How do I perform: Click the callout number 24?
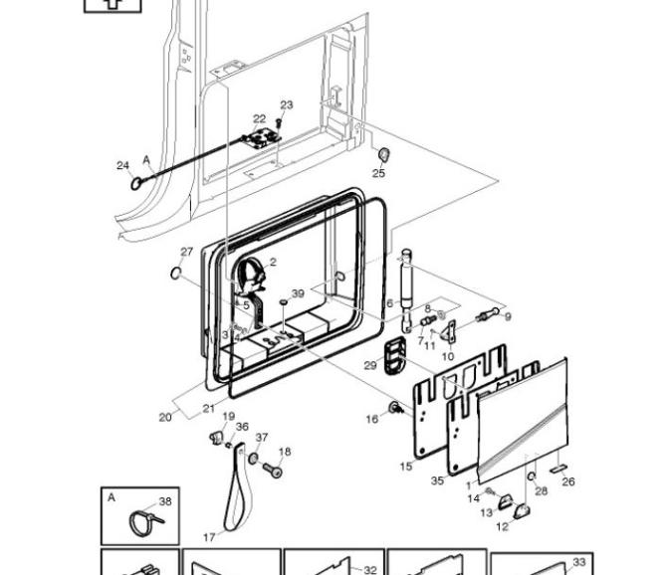[122, 165]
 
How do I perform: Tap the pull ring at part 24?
[136, 184]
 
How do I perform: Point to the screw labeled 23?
[279, 123]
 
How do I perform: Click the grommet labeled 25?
[384, 155]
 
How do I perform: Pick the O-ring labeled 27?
[175, 273]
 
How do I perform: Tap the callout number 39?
[298, 293]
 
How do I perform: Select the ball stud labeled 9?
[489, 314]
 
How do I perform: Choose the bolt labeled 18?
[272, 470]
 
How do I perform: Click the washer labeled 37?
[253, 459]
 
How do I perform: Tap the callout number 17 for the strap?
[209, 537]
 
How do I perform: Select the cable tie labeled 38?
[144, 522]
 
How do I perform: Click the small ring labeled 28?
[532, 477]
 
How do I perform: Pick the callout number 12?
[502, 526]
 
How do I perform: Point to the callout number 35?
[437, 480]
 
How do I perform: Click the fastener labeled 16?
[395, 408]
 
